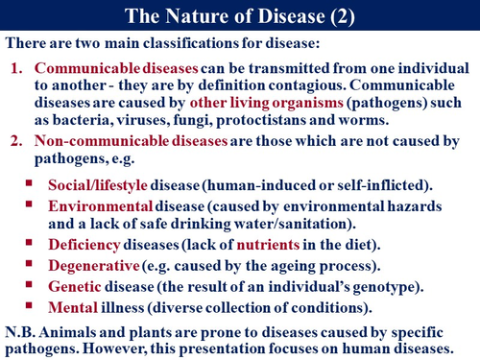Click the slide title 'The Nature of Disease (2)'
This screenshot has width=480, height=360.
pos(239,14)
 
